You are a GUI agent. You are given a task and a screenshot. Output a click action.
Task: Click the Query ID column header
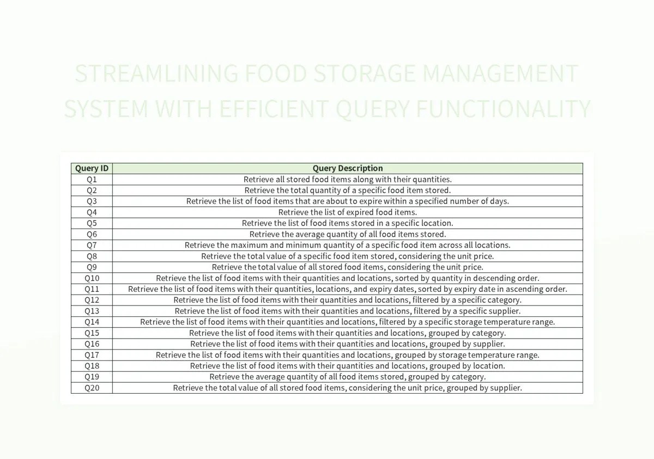pos(92,168)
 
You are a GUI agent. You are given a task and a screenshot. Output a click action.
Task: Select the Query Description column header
pos(348,168)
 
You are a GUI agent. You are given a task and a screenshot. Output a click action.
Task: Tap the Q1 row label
pos(92,179)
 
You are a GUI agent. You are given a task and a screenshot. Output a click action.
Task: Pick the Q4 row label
pos(92,212)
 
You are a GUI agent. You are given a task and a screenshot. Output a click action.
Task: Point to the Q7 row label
pos(92,245)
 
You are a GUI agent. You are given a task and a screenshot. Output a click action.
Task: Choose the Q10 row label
pos(92,278)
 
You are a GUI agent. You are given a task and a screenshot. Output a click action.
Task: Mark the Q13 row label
pos(92,311)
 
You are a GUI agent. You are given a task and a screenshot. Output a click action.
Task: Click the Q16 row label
pos(92,344)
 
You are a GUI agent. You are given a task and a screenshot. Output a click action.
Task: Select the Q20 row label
pos(92,388)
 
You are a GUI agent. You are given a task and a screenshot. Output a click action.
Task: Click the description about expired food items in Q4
pos(348,212)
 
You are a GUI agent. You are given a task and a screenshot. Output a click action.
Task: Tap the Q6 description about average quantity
pos(348,234)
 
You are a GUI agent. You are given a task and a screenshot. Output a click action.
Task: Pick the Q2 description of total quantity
pos(348,191)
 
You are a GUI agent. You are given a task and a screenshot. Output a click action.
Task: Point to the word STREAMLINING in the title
pos(157,74)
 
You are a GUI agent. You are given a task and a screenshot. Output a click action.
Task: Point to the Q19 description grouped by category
pos(348,377)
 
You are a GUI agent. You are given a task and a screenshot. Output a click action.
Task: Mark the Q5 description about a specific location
pos(348,223)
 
